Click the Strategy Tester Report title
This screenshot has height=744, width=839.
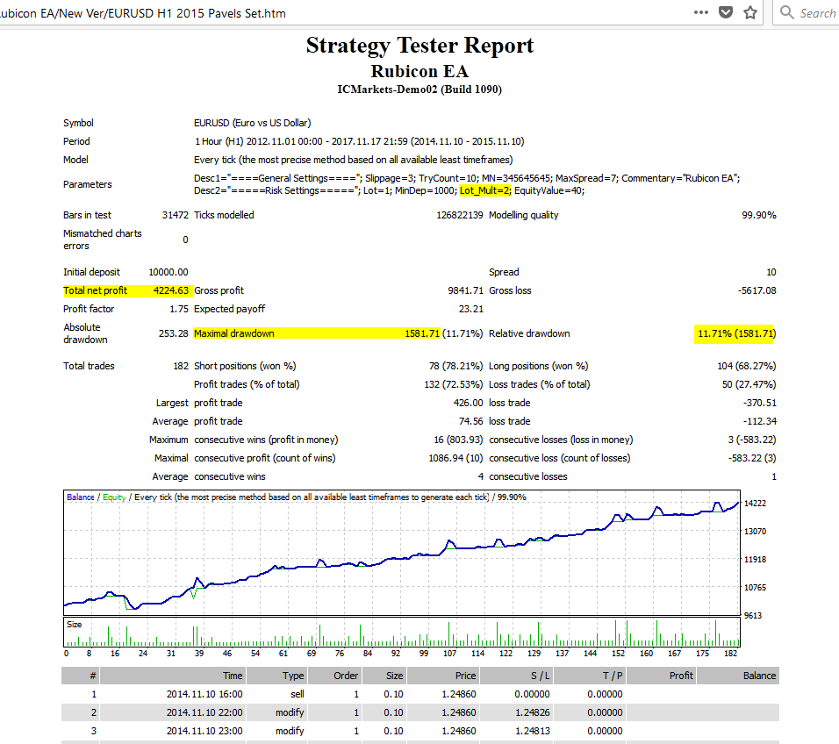click(x=419, y=46)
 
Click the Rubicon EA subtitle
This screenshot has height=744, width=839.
click(x=419, y=71)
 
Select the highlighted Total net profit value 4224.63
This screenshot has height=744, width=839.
click(x=165, y=290)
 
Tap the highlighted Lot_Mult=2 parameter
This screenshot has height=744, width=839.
click(x=484, y=190)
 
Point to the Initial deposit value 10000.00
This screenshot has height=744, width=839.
click(x=168, y=272)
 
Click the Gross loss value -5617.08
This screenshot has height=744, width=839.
click(x=755, y=290)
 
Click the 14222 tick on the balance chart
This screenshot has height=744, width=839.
click(x=754, y=504)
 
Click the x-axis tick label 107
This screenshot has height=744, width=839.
click(x=450, y=653)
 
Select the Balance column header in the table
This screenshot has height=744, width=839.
click(x=759, y=676)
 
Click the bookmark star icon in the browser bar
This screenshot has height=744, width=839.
click(x=750, y=13)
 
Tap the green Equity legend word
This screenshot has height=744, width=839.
click(x=114, y=497)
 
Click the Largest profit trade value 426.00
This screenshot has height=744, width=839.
click(x=467, y=403)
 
